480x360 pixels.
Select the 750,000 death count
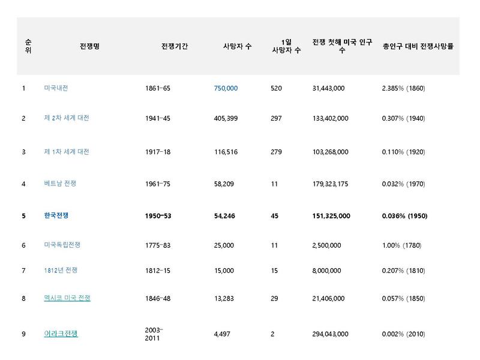(226, 88)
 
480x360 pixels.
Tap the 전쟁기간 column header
(174, 46)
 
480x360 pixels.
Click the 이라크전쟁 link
(61, 334)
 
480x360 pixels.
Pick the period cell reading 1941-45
(158, 118)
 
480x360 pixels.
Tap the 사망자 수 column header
(237, 46)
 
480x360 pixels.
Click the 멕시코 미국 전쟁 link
(67, 298)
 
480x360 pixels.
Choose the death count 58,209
(226, 184)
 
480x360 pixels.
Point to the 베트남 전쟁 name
(60, 184)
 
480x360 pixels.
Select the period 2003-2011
(155, 334)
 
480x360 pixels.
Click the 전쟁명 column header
(89, 46)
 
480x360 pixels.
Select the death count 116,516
(226, 152)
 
